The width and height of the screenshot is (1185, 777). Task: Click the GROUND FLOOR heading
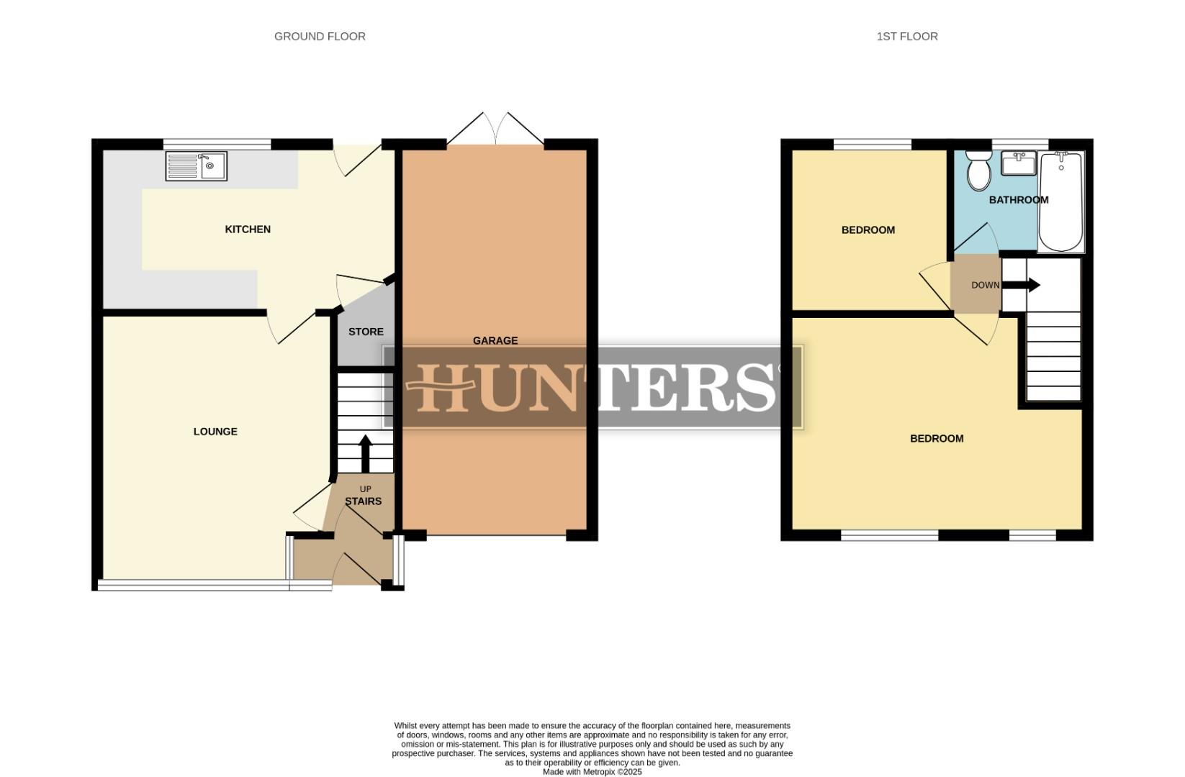tap(320, 36)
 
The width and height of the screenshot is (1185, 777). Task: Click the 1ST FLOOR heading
tap(906, 36)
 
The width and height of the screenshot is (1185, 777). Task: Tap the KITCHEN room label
tap(248, 229)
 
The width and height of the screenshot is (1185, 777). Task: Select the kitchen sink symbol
tap(196, 165)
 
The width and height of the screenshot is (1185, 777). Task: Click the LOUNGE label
tap(215, 431)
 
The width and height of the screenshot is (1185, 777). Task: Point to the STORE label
tap(366, 332)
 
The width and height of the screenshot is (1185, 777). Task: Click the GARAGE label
tap(495, 340)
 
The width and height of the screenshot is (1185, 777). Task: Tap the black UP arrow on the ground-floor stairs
tap(365, 453)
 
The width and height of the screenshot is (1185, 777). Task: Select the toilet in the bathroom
tap(978, 170)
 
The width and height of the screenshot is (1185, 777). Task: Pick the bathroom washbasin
tap(1018, 163)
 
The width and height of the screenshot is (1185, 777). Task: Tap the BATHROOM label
tap(1018, 199)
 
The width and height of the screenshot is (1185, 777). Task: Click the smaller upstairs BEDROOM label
tap(868, 230)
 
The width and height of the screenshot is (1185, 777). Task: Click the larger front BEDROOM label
tap(936, 438)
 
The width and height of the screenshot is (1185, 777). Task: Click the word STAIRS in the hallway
tap(363, 501)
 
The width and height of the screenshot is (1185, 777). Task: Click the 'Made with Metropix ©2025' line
tap(592, 771)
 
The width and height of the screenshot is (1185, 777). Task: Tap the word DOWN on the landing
tap(985, 285)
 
